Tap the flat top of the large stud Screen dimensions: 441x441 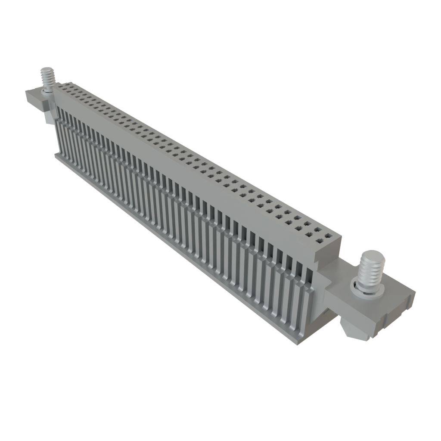pyautogui.click(x=373, y=256)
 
